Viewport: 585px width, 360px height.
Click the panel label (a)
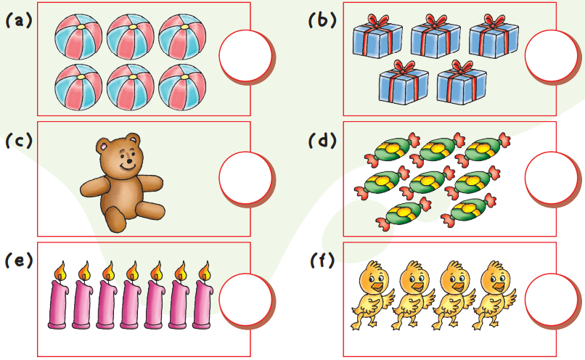click(20, 20)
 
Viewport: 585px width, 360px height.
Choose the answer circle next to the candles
click(246, 299)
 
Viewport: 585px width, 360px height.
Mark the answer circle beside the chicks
click(552, 299)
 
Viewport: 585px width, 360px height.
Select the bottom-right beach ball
click(182, 86)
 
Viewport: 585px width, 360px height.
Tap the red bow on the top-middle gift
click(436, 21)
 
